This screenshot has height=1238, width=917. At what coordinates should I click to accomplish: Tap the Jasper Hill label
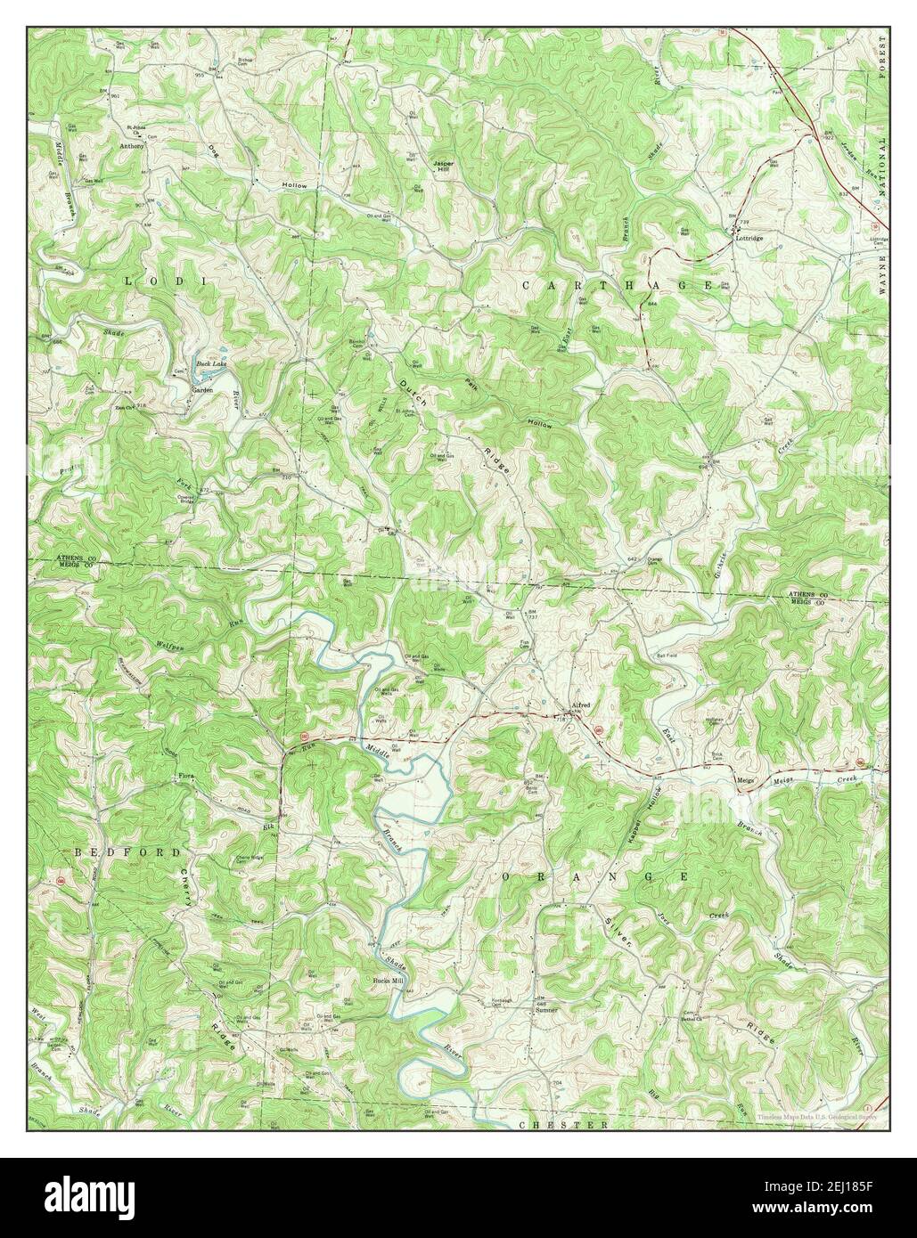[x=443, y=167]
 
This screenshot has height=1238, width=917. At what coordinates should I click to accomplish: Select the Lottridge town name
[x=748, y=239]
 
